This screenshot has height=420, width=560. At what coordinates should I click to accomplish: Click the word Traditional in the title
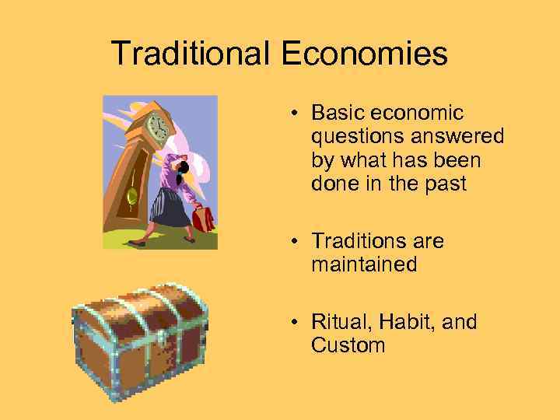191,54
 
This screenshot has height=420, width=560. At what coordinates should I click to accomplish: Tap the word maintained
364,265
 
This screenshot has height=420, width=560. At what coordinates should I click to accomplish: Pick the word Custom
348,346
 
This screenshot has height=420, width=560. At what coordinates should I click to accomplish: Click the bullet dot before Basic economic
297,114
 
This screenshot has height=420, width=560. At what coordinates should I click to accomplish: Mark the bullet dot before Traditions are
297,242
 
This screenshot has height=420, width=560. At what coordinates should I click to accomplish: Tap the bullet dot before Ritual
297,323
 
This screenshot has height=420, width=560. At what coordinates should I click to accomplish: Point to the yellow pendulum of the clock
131,194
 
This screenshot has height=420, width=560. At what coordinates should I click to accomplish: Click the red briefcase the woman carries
204,219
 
